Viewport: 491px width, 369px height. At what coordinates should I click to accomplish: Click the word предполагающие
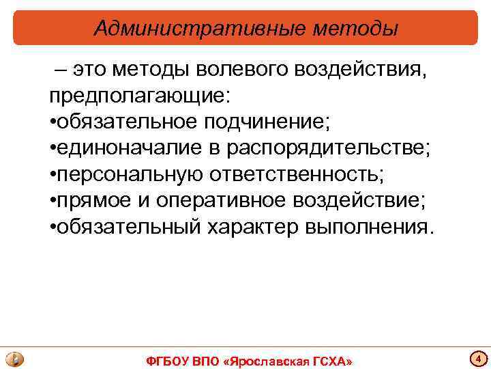[x=134, y=96]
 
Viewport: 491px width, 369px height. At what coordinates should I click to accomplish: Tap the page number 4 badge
[x=478, y=358]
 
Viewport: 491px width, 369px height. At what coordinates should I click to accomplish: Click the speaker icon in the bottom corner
[x=14, y=359]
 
